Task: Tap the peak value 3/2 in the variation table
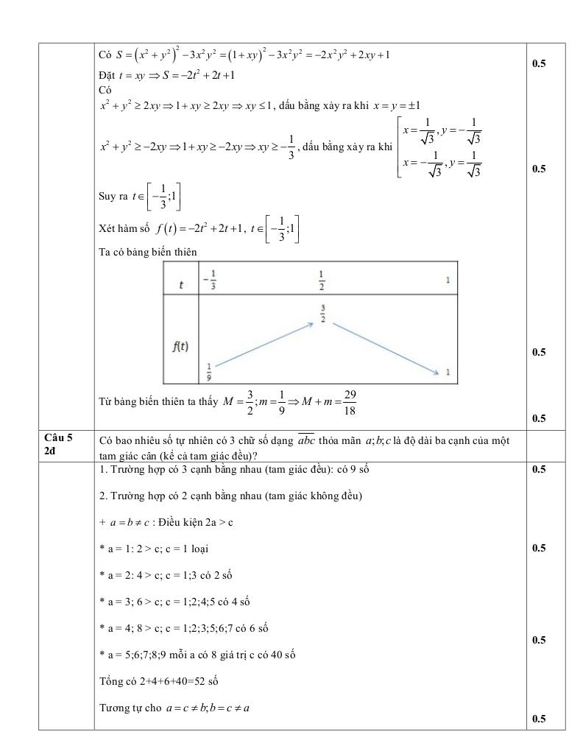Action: click(322, 313)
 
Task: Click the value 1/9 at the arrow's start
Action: click(208, 370)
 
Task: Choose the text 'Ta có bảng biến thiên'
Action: click(148, 251)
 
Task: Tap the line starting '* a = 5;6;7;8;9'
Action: click(197, 655)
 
